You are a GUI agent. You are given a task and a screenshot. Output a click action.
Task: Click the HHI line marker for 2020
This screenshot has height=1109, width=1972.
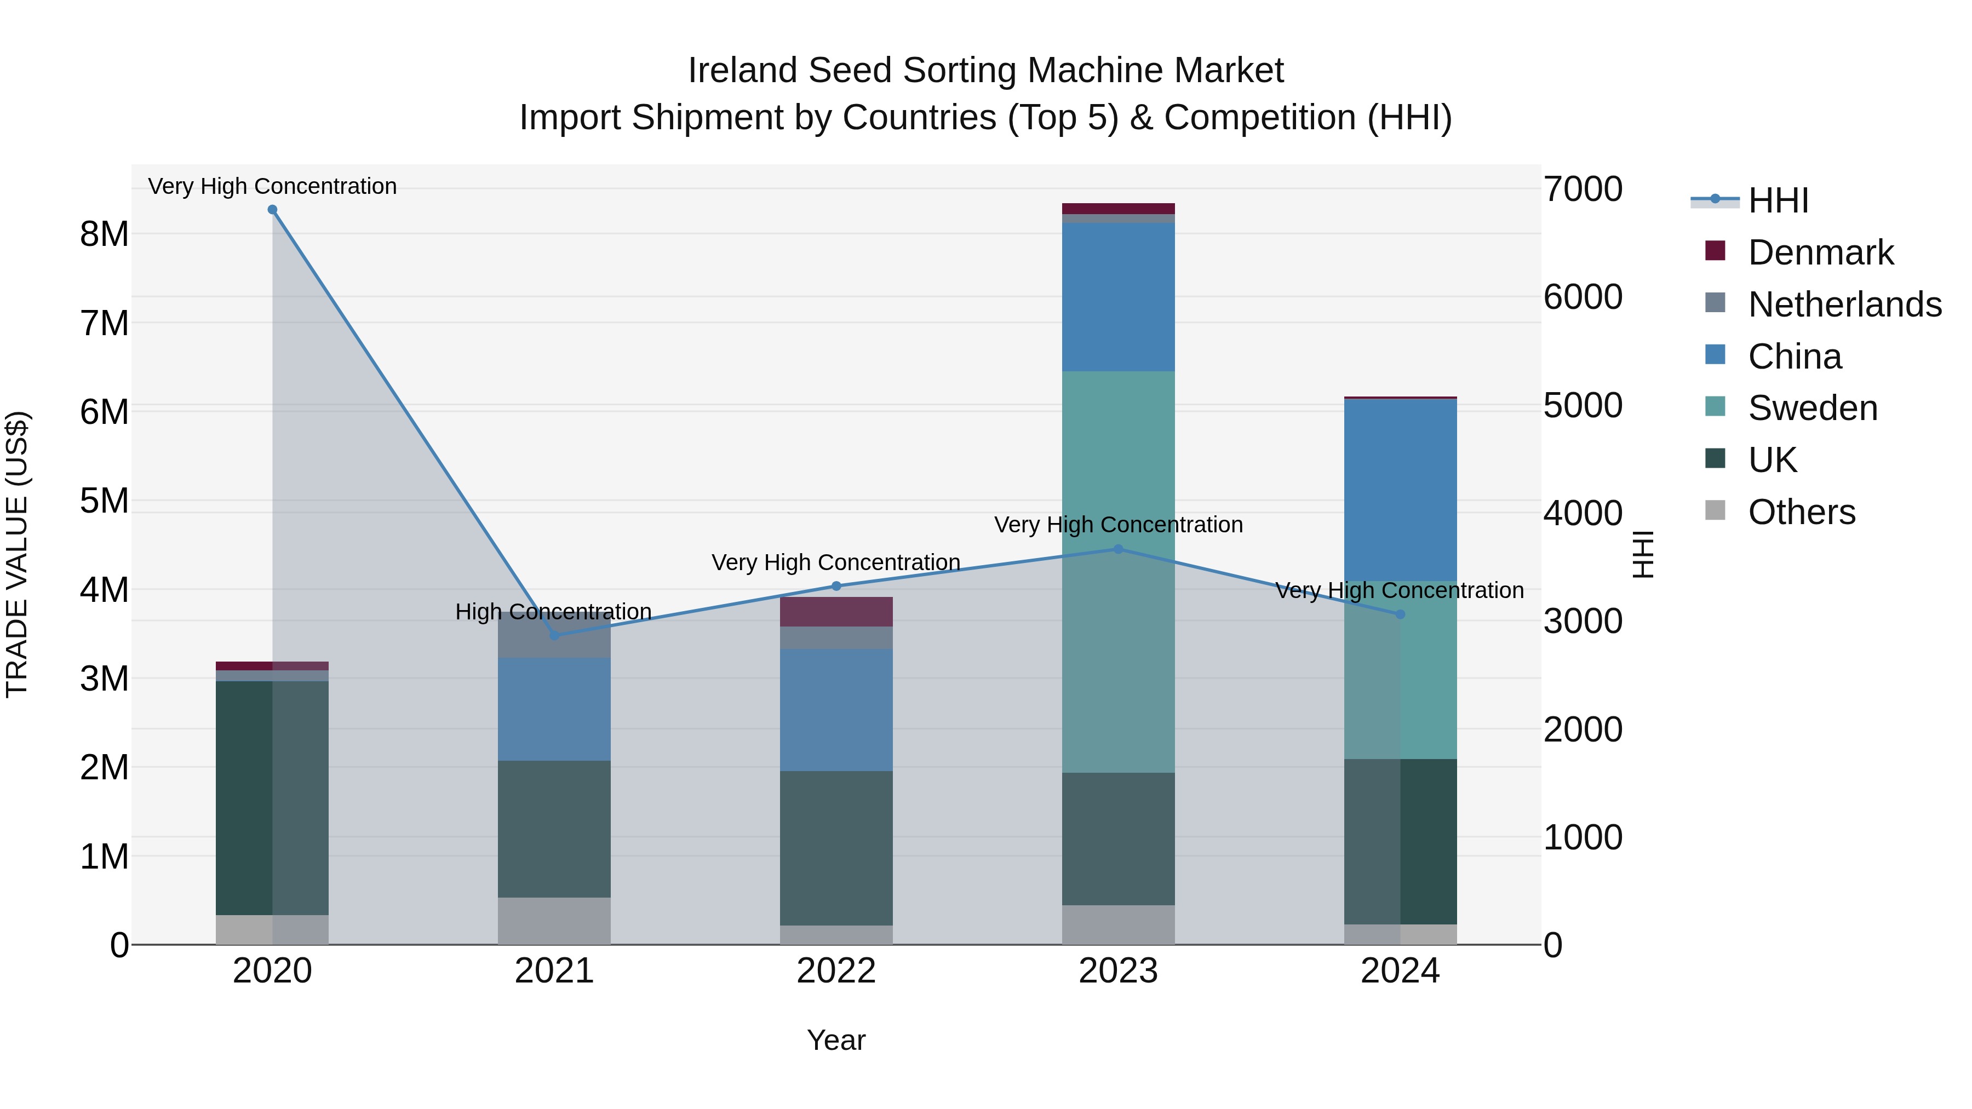pos(273,210)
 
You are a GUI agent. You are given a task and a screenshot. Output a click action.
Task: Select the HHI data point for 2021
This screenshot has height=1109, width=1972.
pos(554,635)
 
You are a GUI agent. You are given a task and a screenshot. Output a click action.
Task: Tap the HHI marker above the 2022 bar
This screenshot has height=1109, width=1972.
pos(836,586)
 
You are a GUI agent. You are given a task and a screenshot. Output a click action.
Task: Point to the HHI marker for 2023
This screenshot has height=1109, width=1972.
pos(1119,549)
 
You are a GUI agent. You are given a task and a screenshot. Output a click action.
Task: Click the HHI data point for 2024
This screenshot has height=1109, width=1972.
pos(1400,614)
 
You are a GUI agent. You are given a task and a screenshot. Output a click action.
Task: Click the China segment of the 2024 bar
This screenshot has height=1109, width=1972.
pos(1400,490)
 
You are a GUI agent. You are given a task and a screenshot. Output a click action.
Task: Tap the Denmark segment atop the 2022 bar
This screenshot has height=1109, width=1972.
pos(836,612)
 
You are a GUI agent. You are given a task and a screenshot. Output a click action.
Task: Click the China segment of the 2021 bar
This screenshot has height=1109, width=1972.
pos(554,709)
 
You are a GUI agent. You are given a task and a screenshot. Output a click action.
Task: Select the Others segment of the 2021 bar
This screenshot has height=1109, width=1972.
pos(554,921)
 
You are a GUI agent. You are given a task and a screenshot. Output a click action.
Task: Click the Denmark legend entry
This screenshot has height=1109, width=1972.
pos(1820,252)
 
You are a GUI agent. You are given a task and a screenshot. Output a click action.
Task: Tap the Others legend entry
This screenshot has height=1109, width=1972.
pos(1801,512)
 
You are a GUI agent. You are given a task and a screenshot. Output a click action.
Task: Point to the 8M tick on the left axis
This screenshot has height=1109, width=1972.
pos(104,234)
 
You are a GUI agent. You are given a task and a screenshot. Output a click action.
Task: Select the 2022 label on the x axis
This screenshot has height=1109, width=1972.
pos(836,971)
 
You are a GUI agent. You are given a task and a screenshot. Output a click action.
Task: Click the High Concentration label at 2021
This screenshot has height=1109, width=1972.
pos(553,612)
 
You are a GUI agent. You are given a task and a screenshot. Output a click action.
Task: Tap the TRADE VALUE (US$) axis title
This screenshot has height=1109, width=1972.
pos(17,554)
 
